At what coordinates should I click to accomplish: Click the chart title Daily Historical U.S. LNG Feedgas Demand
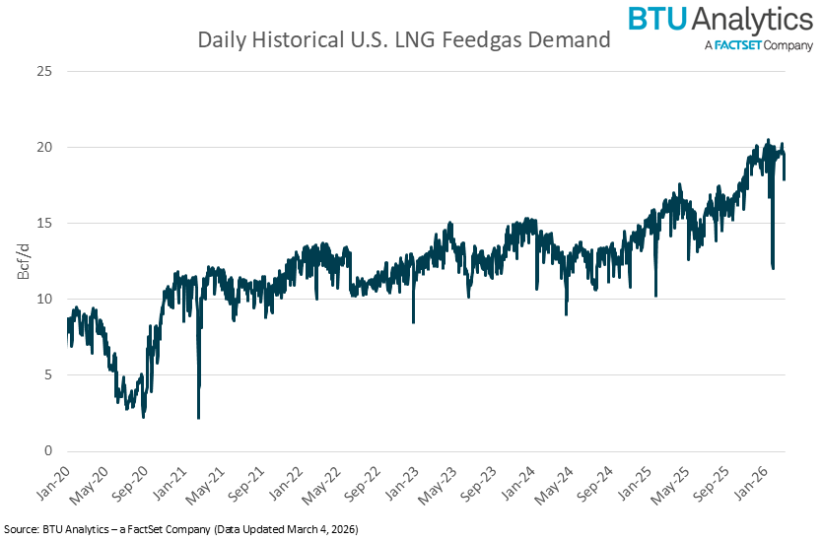tap(404, 40)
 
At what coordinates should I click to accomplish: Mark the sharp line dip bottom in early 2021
tap(199, 418)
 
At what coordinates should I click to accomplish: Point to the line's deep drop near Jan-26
tap(773, 267)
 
